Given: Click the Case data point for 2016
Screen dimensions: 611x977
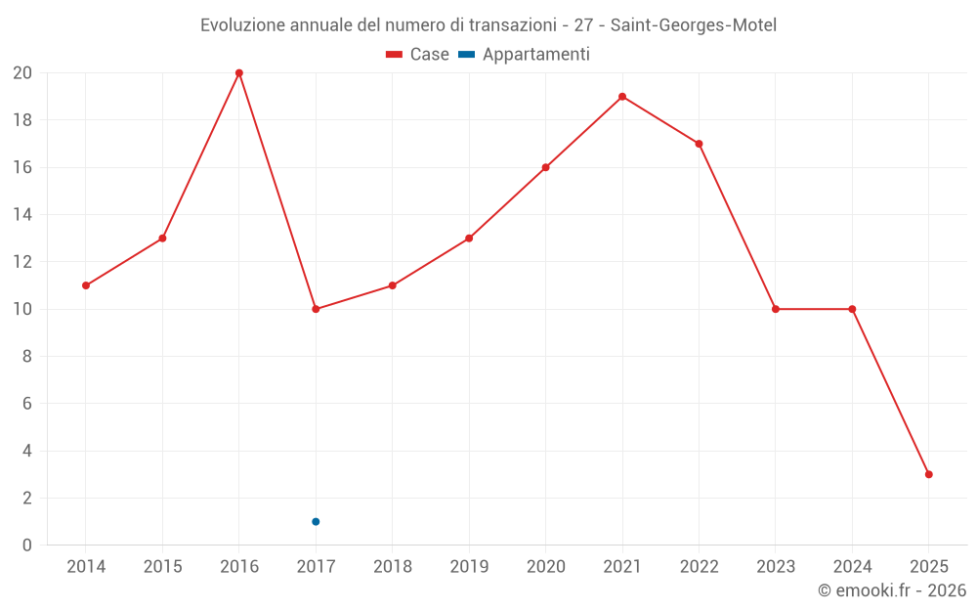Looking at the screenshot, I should click(239, 73).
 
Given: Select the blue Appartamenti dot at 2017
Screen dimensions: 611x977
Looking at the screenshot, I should click(316, 521).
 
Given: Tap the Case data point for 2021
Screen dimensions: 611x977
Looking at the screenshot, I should click(622, 97).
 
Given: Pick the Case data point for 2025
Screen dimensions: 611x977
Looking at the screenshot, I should click(929, 474).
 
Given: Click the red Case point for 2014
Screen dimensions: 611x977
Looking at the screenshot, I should click(86, 285).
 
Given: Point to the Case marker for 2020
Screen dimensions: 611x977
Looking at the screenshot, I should click(545, 167).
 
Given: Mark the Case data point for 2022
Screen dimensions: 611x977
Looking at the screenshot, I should click(699, 144).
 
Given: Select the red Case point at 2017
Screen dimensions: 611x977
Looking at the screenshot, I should click(316, 309).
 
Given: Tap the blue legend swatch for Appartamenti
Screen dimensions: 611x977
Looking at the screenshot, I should click(466, 55).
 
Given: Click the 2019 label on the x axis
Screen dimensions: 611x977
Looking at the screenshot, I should click(469, 567).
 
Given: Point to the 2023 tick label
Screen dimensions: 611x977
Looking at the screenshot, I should click(776, 567).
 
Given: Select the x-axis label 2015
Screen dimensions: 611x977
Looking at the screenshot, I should click(162, 567).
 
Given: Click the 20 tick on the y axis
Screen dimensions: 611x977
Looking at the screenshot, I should click(22, 73).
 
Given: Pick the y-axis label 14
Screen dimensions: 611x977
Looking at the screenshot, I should click(22, 215).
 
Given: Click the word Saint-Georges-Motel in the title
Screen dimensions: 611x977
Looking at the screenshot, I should click(694, 25).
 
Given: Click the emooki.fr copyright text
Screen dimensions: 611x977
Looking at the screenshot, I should click(892, 590).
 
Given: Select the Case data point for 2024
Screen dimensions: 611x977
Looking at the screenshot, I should click(852, 309).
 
